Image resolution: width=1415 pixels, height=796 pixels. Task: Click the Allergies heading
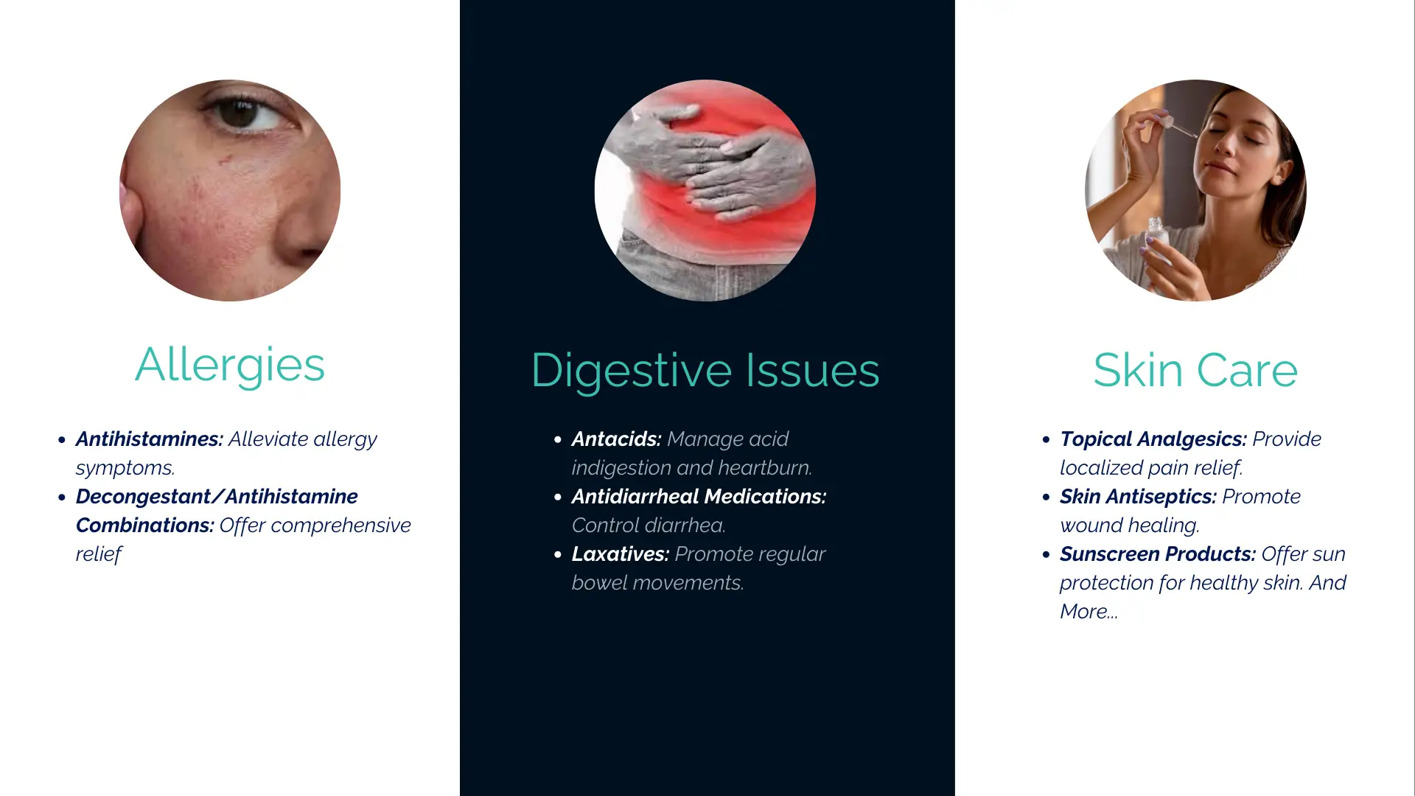click(230, 366)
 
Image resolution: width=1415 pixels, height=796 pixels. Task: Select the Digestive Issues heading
click(705, 371)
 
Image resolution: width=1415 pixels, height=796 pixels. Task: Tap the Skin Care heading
click(1195, 370)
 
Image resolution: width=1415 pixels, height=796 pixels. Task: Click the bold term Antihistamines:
click(150, 439)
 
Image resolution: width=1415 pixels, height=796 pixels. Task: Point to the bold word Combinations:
click(145, 526)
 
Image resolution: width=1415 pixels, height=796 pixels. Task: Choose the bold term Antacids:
click(617, 439)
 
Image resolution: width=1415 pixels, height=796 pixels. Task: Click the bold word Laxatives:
click(621, 554)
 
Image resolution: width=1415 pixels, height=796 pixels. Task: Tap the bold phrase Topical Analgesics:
click(1153, 440)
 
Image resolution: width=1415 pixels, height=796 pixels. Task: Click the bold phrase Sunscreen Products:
click(1158, 554)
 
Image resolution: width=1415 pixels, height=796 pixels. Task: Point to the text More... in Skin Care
click(1089, 612)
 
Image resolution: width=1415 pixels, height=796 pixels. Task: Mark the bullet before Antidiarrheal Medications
click(558, 497)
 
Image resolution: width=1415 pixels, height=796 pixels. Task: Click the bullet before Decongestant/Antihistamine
click(62, 497)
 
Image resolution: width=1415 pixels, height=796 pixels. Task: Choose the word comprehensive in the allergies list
click(341, 526)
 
